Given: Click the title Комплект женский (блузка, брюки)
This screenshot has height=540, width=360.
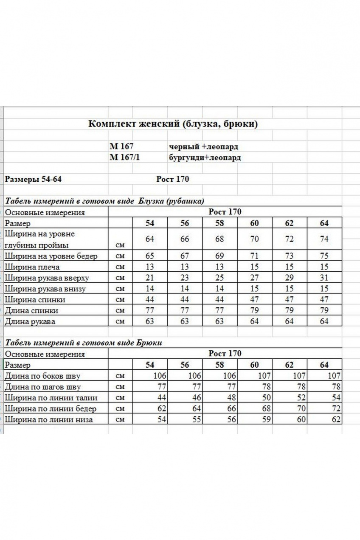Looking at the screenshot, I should tap(173, 124).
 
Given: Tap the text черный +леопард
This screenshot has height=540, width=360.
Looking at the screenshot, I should tap(203, 147).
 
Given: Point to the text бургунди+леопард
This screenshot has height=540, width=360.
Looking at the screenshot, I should tap(205, 157).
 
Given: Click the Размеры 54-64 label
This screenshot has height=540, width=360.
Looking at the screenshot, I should tap(33, 179).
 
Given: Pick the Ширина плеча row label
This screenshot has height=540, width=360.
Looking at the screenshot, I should tap(32, 267).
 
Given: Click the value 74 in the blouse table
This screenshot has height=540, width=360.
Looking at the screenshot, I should tap(324, 239).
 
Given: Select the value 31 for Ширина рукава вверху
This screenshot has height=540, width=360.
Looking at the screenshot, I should tap(324, 278).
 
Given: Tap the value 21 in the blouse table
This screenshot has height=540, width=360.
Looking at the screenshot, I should tap(149, 278).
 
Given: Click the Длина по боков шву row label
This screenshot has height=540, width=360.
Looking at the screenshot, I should tap(42, 376).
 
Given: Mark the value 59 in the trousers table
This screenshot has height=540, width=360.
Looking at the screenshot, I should tap(254, 420).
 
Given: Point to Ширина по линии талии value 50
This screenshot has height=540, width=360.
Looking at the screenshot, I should tap(254, 398).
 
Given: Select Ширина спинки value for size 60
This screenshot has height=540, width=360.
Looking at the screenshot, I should tap(254, 300).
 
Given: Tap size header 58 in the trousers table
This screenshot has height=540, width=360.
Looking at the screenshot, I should tap(219, 365).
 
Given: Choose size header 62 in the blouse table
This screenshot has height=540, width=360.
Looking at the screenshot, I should tap(289, 223).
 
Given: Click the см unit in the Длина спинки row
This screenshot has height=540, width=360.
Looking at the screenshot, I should tap(120, 311).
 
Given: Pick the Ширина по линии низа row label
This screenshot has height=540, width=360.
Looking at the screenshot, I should tap(48, 420).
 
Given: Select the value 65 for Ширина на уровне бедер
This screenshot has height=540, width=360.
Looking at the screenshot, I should tap(149, 256).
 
